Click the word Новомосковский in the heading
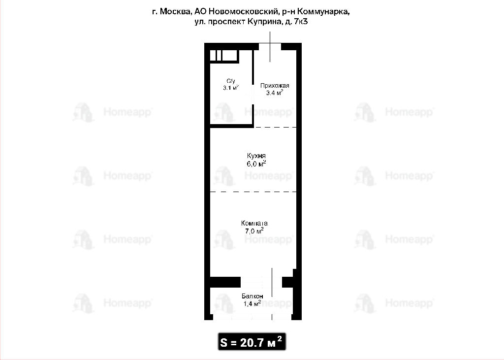point(243,12)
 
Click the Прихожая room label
point(275,86)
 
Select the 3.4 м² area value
point(275,93)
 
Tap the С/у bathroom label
point(231,81)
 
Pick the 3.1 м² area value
point(231,88)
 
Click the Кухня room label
point(256,156)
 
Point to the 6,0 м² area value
point(256,164)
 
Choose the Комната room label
point(254,223)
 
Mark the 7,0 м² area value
point(254,230)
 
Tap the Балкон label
point(252,296)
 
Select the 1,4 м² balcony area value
point(252,303)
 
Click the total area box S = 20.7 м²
point(252,342)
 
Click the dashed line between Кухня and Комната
point(253,192)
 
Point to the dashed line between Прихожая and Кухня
point(276,128)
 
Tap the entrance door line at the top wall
point(270,47)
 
